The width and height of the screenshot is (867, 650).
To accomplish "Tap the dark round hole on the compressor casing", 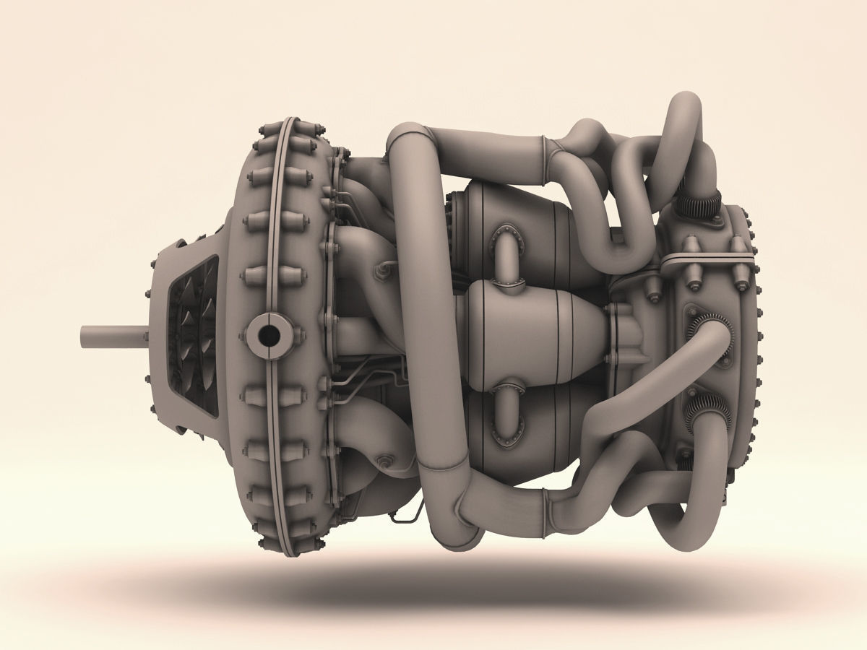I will click(269, 334).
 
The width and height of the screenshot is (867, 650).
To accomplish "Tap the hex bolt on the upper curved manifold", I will click(381, 270).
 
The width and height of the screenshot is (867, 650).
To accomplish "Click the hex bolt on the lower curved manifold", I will click(384, 460).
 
